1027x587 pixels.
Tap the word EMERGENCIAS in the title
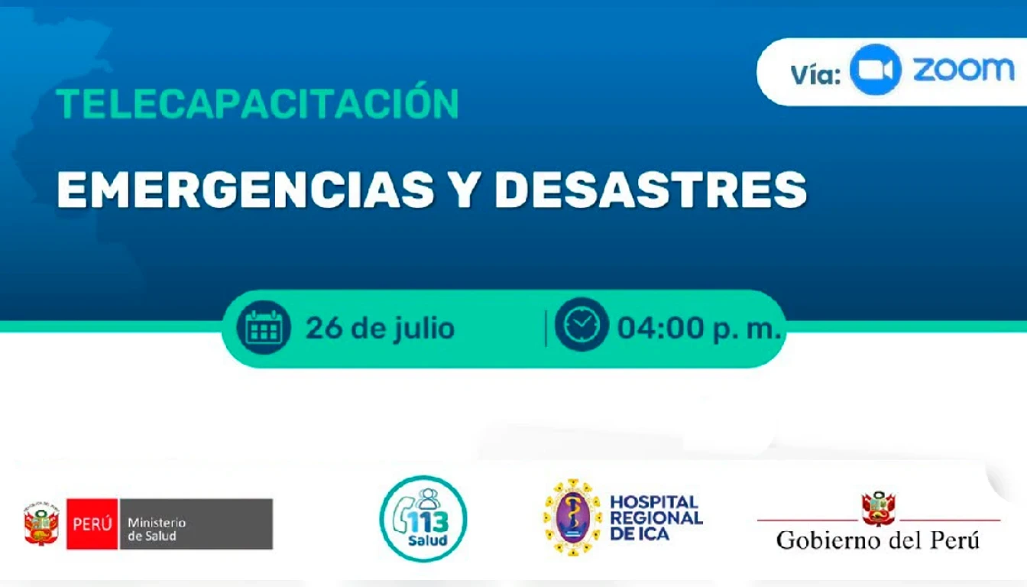coord(245,190)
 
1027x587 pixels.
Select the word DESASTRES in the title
coord(650,190)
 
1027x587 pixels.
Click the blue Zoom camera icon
coord(875,70)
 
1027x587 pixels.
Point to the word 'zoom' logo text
coord(964,70)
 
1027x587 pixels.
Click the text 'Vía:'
coord(815,74)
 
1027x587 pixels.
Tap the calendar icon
coord(264,327)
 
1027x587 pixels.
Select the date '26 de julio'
coord(380,329)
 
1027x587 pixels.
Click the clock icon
coord(582,324)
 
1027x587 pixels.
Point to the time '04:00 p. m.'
coord(699,329)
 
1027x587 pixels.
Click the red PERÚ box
coord(92,524)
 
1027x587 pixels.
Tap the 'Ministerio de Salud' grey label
coord(196,524)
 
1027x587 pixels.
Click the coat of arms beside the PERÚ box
coord(42,524)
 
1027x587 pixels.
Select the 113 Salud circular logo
coord(423,519)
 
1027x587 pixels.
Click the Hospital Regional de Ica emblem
coord(573,517)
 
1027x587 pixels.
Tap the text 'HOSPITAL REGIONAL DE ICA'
coord(656,517)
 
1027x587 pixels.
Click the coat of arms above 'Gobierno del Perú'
coord(879,508)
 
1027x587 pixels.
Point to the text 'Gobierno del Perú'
coord(877,540)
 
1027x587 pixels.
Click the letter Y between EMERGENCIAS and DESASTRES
coord(464,190)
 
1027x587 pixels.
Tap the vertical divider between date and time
coord(546,328)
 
